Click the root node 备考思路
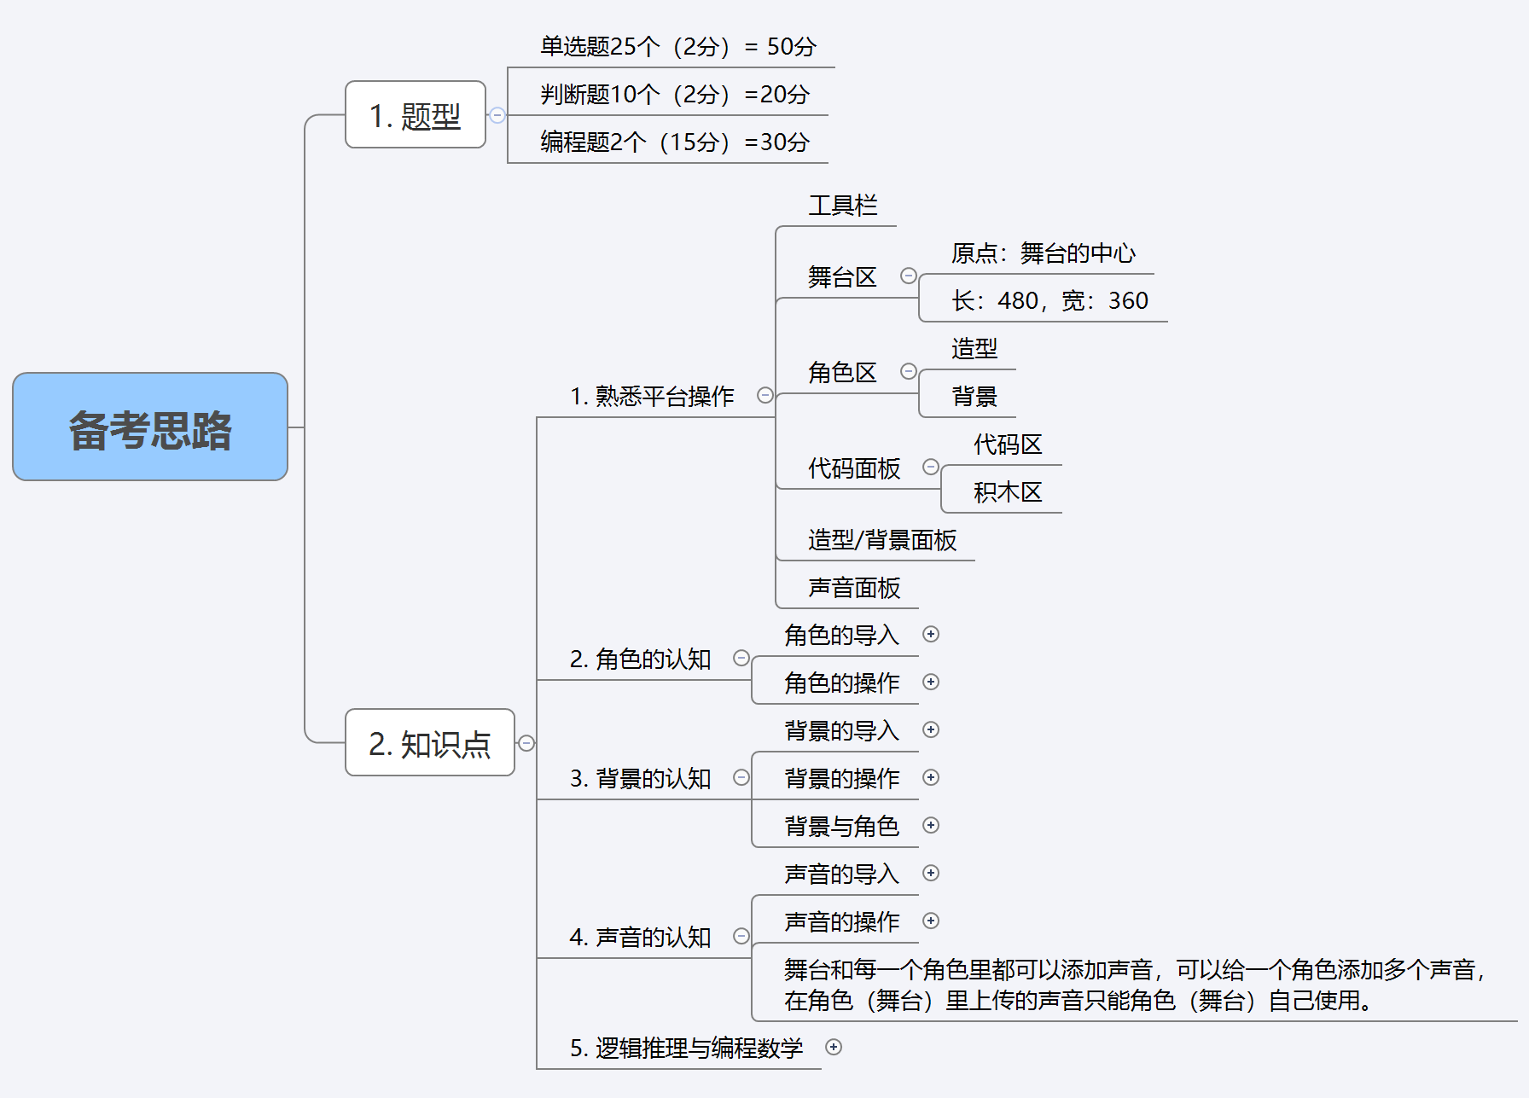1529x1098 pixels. click(x=150, y=427)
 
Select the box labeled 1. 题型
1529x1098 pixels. click(x=416, y=115)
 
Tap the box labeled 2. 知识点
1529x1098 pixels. click(x=430, y=743)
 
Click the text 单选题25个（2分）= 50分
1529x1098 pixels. click(x=677, y=47)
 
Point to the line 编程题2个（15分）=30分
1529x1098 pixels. click(x=674, y=142)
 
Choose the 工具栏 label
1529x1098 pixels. click(x=842, y=206)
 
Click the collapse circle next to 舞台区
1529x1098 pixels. click(x=909, y=276)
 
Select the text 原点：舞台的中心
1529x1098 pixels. click(x=1043, y=253)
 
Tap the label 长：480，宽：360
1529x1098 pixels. click(x=1049, y=301)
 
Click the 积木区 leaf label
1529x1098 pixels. click(x=1008, y=492)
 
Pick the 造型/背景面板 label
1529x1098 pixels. click(x=881, y=540)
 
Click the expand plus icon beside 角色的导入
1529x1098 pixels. click(x=931, y=634)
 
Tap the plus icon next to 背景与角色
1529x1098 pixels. click(x=931, y=825)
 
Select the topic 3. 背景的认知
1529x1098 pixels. click(x=640, y=778)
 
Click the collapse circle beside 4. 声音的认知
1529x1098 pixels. click(x=741, y=936)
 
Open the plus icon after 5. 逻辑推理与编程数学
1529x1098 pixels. click(x=834, y=1047)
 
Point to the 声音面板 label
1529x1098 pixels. click(x=853, y=588)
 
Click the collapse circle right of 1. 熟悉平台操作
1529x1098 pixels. click(x=765, y=395)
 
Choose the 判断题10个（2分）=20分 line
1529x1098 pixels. click(x=674, y=95)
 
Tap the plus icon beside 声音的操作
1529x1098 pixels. click(x=931, y=921)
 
